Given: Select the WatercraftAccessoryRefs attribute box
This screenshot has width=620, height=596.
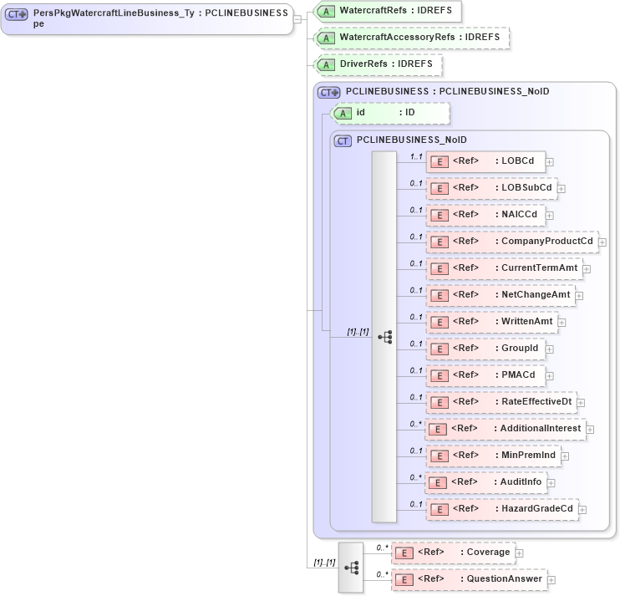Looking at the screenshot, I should [411, 38].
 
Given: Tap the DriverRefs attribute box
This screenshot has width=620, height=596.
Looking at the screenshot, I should [378, 64].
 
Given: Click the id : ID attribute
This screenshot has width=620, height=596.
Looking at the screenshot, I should [391, 113].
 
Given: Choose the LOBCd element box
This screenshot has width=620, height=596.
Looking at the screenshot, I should [485, 161].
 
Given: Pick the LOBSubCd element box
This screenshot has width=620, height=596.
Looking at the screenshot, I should [491, 188].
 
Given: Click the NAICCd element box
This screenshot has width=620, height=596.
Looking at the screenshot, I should [485, 215].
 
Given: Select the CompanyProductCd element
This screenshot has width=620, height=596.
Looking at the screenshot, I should [512, 242].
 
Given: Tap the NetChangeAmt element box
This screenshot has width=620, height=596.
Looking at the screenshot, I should [500, 295].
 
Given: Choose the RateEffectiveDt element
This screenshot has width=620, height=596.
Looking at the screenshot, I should [501, 402].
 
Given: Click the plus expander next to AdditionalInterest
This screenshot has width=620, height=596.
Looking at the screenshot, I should [590, 430].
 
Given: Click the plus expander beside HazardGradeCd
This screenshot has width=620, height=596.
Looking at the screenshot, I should [582, 510].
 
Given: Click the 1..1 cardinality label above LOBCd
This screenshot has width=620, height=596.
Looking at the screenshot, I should [415, 156].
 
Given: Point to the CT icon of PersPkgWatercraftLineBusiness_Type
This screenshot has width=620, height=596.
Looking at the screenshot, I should [17, 14].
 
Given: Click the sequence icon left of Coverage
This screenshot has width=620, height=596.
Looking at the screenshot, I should [351, 567].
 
